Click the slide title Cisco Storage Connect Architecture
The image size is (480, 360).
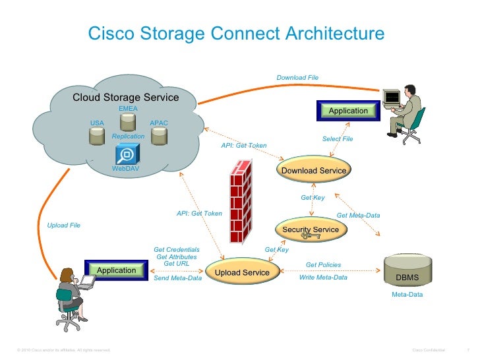coord(236,34)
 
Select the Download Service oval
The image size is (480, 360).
coord(314,170)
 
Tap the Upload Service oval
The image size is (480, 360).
coord(242,272)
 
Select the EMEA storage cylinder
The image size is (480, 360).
coord(128,121)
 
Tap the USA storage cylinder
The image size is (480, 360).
coord(97,135)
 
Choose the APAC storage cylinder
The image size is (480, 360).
coord(159,136)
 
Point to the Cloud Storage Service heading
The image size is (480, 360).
coord(125,98)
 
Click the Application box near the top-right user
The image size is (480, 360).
coord(348,111)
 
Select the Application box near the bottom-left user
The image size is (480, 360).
coord(116,270)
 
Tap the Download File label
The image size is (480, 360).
coord(297,78)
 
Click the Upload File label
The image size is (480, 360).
coord(64,225)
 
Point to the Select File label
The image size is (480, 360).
coord(338,139)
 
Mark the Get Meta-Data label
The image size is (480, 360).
coord(358,216)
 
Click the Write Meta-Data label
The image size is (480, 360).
coord(323,278)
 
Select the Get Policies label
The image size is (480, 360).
coord(323,265)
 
